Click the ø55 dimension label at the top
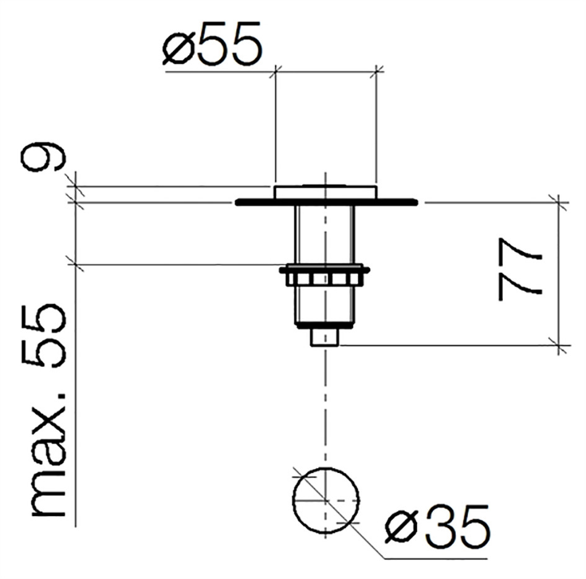pyautogui.click(x=212, y=44)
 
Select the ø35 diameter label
pyautogui.click(x=437, y=524)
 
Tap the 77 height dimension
pyautogui.click(x=520, y=269)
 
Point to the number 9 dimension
pyautogui.click(x=42, y=156)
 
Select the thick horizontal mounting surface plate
pyautogui.click(x=326, y=203)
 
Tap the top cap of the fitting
pyautogui.click(x=326, y=192)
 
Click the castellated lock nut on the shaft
pyautogui.click(x=324, y=276)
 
